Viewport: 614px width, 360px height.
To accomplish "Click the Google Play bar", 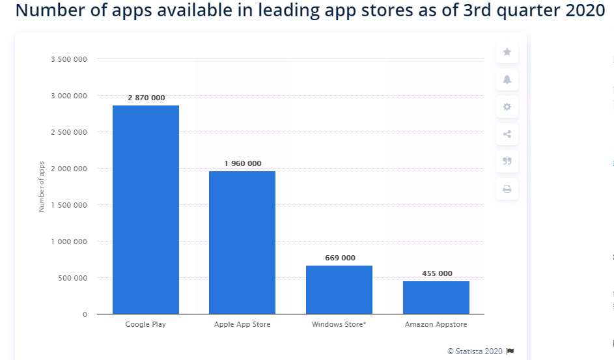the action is (x=146, y=210).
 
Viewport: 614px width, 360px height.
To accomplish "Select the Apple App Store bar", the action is (x=242, y=243).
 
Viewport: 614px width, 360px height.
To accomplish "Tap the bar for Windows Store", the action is (x=339, y=290).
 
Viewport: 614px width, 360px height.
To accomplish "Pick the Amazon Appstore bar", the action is (x=436, y=298).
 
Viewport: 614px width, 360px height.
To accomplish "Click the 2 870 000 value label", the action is (x=147, y=98).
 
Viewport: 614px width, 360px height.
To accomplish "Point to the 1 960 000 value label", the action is (x=243, y=163).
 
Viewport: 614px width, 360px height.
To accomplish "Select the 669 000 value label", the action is (x=341, y=258).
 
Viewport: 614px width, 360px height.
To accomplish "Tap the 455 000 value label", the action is (x=437, y=273).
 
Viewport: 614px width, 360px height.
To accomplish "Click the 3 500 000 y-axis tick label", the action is (x=69, y=59).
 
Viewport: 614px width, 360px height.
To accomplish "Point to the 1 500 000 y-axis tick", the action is (x=69, y=205).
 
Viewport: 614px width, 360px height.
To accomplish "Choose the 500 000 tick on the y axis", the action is (x=72, y=278).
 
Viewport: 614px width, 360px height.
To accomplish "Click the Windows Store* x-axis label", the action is (x=339, y=324).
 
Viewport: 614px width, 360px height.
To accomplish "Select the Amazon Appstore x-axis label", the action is (x=436, y=324).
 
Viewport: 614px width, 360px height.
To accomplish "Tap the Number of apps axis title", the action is (x=42, y=186).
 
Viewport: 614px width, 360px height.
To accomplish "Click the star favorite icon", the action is (x=507, y=52).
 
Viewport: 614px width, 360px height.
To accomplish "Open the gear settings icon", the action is (x=507, y=107).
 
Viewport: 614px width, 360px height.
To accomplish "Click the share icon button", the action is (x=507, y=134).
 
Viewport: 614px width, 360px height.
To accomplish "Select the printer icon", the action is (x=507, y=189).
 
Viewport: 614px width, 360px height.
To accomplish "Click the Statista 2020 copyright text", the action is (x=475, y=352).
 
